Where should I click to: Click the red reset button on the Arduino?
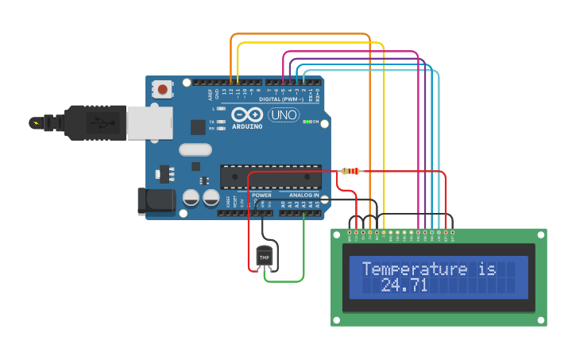pyautogui.click(x=163, y=89)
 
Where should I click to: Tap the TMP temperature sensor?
pyautogui.click(x=264, y=257)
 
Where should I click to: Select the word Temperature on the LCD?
pyautogui.click(x=414, y=269)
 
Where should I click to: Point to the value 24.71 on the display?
pyautogui.click(x=404, y=285)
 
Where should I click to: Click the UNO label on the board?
pyautogui.click(x=282, y=115)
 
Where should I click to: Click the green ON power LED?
pyautogui.click(x=307, y=122)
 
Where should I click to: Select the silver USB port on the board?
pyautogui.click(x=149, y=123)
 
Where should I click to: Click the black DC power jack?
pyautogui.click(x=157, y=201)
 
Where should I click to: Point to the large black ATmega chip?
pyautogui.click(x=270, y=177)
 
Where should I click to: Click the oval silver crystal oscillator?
pyautogui.click(x=195, y=149)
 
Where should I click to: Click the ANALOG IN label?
pyautogui.click(x=303, y=195)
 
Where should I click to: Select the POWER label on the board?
pyautogui.click(x=261, y=195)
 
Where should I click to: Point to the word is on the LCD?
pyautogui.click(x=486, y=269)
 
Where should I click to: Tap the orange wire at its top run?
pyautogui.click(x=302, y=34)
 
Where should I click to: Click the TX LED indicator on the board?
pyautogui.click(x=212, y=122)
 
